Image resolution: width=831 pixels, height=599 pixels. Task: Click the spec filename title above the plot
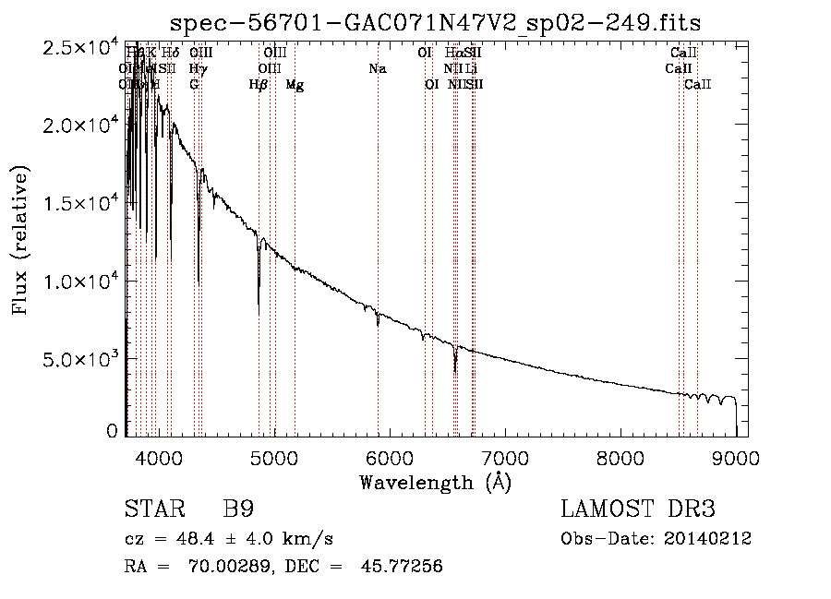pos(437,23)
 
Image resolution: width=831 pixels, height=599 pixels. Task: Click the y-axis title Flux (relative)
pos(20,240)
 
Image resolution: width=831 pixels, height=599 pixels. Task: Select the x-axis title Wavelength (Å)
pos(435,482)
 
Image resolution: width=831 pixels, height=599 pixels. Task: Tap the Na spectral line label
pos(377,68)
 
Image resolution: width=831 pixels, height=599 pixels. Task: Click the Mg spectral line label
pos(295,85)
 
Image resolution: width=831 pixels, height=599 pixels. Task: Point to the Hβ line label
pos(259,85)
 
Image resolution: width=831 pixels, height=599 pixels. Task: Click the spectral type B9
pos(238,509)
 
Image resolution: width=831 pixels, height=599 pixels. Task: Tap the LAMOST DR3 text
pos(637,509)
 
